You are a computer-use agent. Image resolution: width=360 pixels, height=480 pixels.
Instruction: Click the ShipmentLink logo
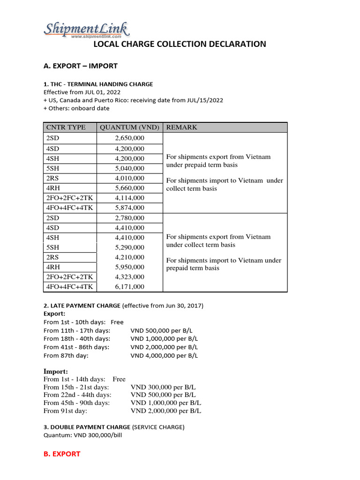tap(87, 30)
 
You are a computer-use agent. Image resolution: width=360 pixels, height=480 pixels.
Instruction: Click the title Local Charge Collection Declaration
tap(180, 44)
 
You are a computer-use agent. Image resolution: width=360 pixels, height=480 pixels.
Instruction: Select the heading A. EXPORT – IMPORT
tap(81, 66)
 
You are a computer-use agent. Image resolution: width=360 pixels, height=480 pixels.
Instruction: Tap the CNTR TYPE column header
tap(66, 127)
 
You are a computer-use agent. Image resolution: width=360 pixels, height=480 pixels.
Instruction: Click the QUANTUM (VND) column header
tap(129, 127)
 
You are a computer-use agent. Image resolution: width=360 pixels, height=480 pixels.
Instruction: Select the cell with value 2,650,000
tap(129, 138)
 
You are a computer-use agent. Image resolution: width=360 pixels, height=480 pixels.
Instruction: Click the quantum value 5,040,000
tap(129, 168)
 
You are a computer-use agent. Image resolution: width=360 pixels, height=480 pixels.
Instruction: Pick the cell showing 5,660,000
tap(129, 188)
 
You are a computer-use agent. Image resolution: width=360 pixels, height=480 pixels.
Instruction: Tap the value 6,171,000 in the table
tap(129, 286)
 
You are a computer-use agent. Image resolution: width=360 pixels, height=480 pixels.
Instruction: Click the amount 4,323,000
tap(129, 277)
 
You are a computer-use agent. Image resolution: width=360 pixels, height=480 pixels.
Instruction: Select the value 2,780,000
tap(129, 218)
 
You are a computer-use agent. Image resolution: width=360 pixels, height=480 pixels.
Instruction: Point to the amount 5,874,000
tap(129, 208)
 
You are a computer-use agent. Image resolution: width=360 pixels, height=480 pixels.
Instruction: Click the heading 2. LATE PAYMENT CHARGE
tap(82, 306)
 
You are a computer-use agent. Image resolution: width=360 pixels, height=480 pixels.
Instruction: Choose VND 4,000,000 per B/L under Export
tap(164, 355)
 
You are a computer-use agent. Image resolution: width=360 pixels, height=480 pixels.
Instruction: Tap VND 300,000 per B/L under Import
tap(163, 387)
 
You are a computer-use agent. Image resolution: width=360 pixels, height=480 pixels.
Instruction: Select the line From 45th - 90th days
tap(76, 403)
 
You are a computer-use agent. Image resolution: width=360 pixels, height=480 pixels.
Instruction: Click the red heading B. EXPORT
tap(62, 454)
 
